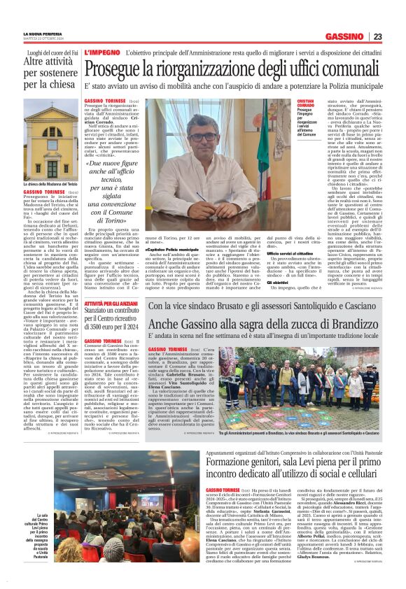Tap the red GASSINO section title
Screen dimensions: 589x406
click(345, 36)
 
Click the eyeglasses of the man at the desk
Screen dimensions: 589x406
click(211, 134)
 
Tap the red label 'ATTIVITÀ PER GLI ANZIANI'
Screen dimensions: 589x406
click(111, 305)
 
